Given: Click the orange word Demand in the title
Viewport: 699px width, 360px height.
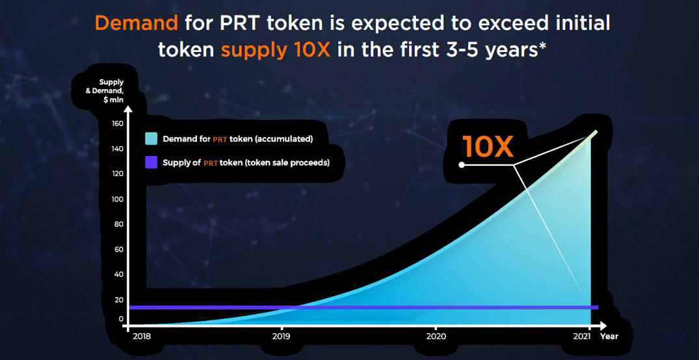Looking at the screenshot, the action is point(137,23).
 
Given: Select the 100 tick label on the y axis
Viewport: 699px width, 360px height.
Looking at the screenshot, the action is point(117,199).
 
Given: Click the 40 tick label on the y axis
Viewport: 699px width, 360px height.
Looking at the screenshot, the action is point(118,274).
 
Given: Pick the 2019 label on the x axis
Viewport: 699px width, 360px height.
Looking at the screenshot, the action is point(282,337).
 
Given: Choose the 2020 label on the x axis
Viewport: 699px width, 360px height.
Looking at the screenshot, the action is point(437,337).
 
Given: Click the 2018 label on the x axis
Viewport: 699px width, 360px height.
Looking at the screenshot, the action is point(142,337).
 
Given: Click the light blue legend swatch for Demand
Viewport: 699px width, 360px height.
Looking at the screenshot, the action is point(151,138).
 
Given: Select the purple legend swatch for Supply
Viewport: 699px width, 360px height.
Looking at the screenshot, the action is point(151,163).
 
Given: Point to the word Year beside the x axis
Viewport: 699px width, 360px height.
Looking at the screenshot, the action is point(609,337).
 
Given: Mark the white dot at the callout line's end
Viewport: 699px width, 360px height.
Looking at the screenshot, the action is point(462,165).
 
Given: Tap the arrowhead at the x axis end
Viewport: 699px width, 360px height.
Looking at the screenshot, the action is point(602,325).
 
